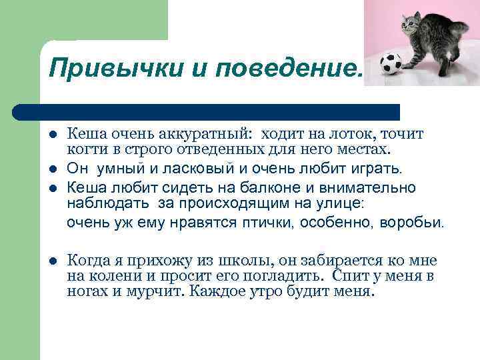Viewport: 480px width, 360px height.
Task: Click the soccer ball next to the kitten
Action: pyautogui.click(x=390, y=65)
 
